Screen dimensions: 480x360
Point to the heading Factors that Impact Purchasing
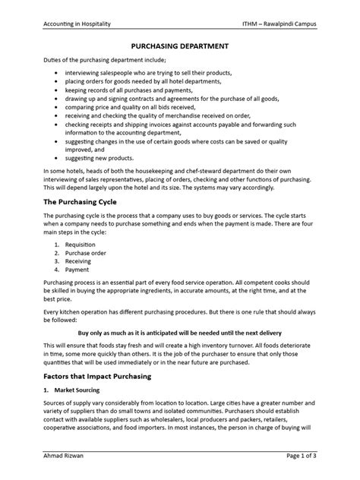(106, 377)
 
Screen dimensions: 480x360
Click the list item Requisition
(81, 245)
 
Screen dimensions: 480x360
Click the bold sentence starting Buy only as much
(180, 333)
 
